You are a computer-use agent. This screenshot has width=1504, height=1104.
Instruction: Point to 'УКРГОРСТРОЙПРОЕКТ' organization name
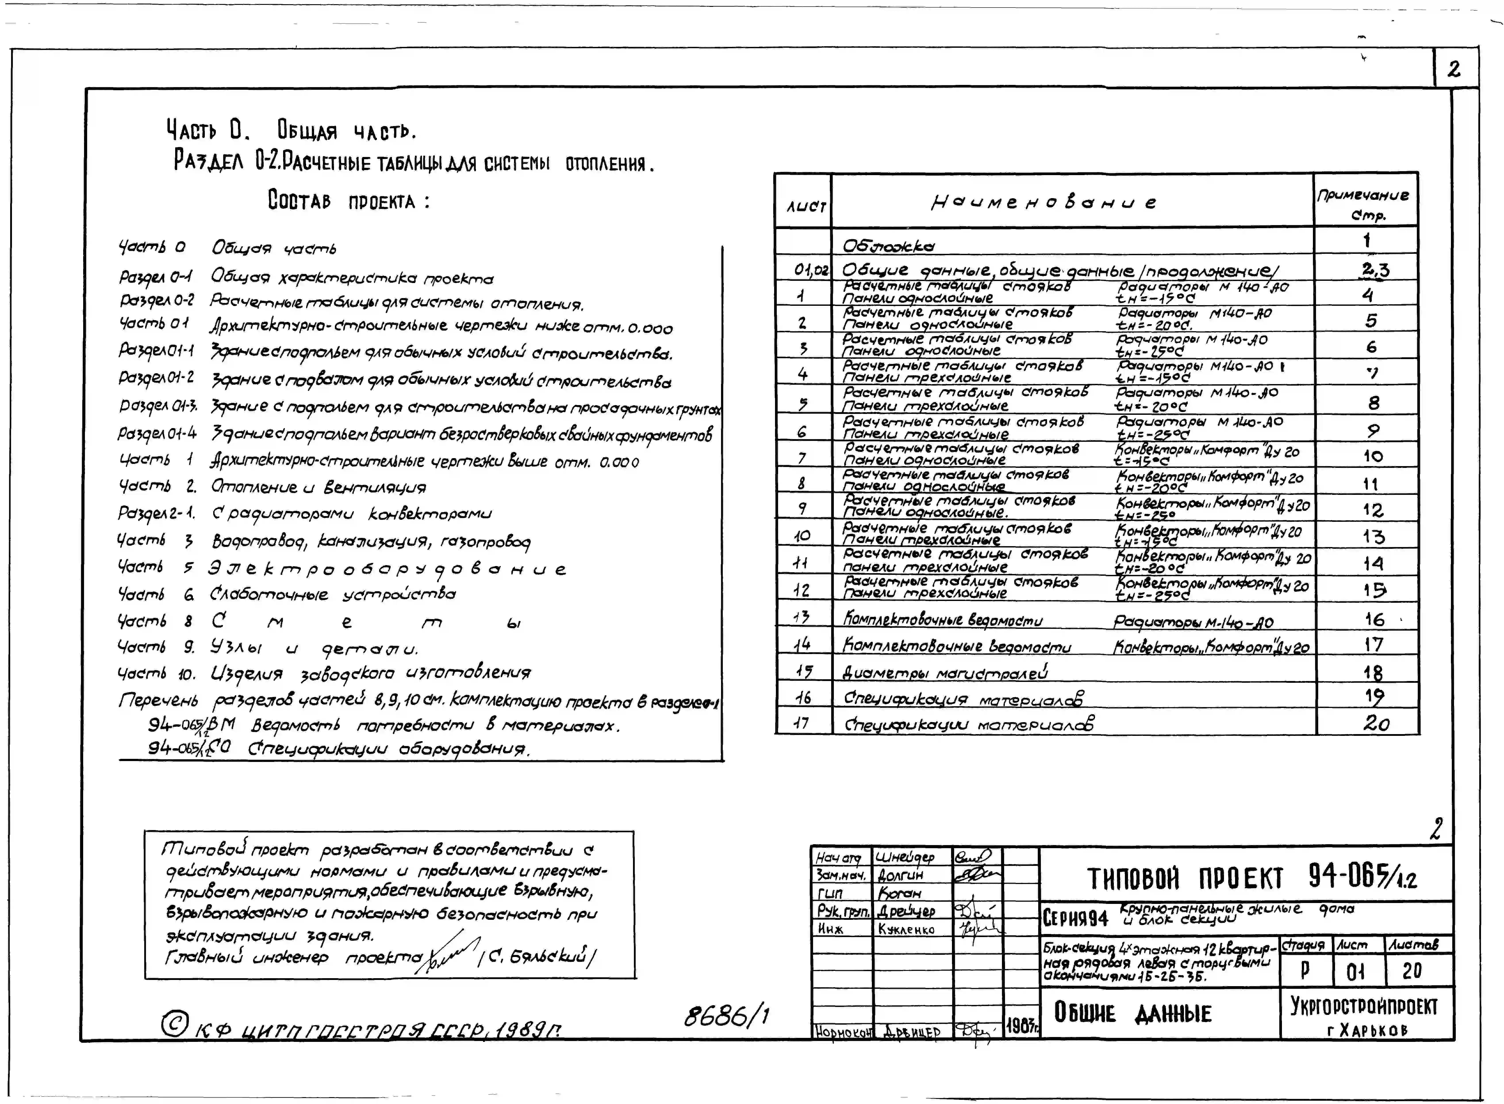1364,1006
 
